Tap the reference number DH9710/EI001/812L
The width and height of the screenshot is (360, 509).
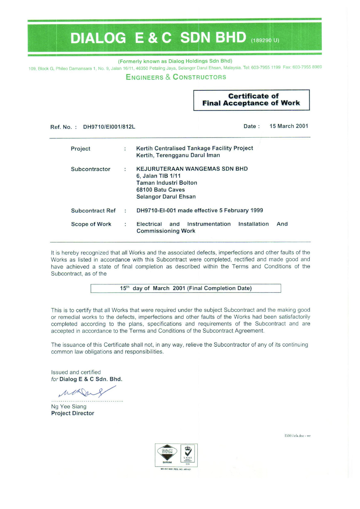point(109,127)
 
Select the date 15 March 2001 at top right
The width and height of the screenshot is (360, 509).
point(289,126)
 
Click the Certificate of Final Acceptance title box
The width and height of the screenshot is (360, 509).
point(251,100)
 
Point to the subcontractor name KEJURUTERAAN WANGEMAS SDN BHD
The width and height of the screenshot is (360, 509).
point(192,169)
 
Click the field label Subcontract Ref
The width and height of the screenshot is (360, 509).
point(93,211)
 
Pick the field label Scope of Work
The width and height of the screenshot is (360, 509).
point(91,224)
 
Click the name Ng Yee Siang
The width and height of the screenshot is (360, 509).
point(69,407)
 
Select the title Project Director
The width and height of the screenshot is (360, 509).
point(73,413)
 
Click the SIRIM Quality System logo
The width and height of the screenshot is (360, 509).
point(167,454)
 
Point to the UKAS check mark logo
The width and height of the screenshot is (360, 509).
point(188,453)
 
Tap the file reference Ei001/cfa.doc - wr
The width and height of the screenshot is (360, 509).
point(297,436)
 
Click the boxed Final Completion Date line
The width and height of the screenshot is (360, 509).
point(186,288)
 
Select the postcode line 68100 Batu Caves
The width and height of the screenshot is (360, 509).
point(161,190)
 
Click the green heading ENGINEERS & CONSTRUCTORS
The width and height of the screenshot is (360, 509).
point(176,77)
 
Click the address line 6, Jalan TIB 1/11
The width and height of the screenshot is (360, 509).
point(158,176)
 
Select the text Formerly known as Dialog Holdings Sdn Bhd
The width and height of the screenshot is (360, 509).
point(175,61)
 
